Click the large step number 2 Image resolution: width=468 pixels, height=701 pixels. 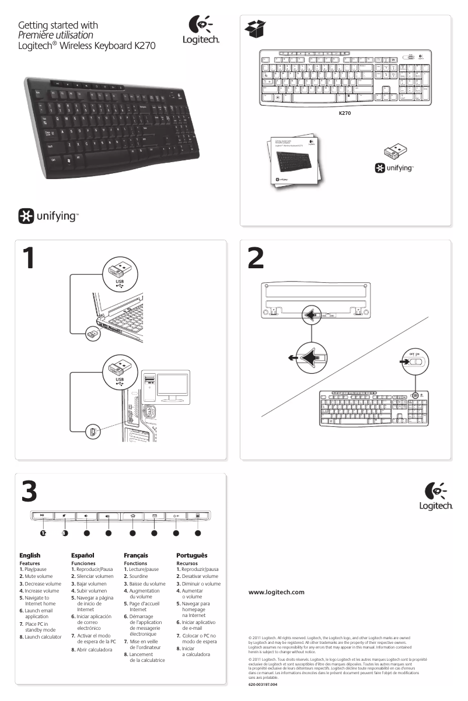tap(256, 260)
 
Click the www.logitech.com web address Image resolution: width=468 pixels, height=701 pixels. tap(277, 592)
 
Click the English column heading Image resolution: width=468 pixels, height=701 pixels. tap(30, 556)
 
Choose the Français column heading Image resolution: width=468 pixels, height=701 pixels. tap(136, 556)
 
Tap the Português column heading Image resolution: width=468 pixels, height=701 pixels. tap(191, 556)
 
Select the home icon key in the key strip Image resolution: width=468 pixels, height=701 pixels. tap(132, 516)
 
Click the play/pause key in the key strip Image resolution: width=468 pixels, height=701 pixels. tap(43, 516)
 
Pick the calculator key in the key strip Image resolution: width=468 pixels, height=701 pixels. tap(198, 516)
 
